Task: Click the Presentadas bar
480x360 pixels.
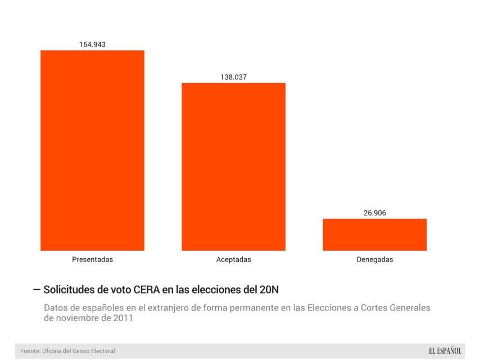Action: pyautogui.click(x=92, y=150)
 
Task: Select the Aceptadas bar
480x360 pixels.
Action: pyautogui.click(x=233, y=166)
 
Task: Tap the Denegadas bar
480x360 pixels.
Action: pyautogui.click(x=374, y=235)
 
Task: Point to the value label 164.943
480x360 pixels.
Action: pyautogui.click(x=92, y=44)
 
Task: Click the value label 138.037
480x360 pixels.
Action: pyautogui.click(x=233, y=77)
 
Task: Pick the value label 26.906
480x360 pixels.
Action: pyautogui.click(x=375, y=213)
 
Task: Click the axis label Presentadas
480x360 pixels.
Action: pyautogui.click(x=92, y=260)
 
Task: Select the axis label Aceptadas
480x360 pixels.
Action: pyautogui.click(x=233, y=260)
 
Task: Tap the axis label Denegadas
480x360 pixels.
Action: pyautogui.click(x=375, y=260)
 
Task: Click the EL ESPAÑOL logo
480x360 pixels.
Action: pyautogui.click(x=445, y=351)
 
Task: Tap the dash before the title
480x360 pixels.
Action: pyautogui.click(x=37, y=290)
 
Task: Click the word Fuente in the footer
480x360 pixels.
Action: pyautogui.click(x=31, y=351)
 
